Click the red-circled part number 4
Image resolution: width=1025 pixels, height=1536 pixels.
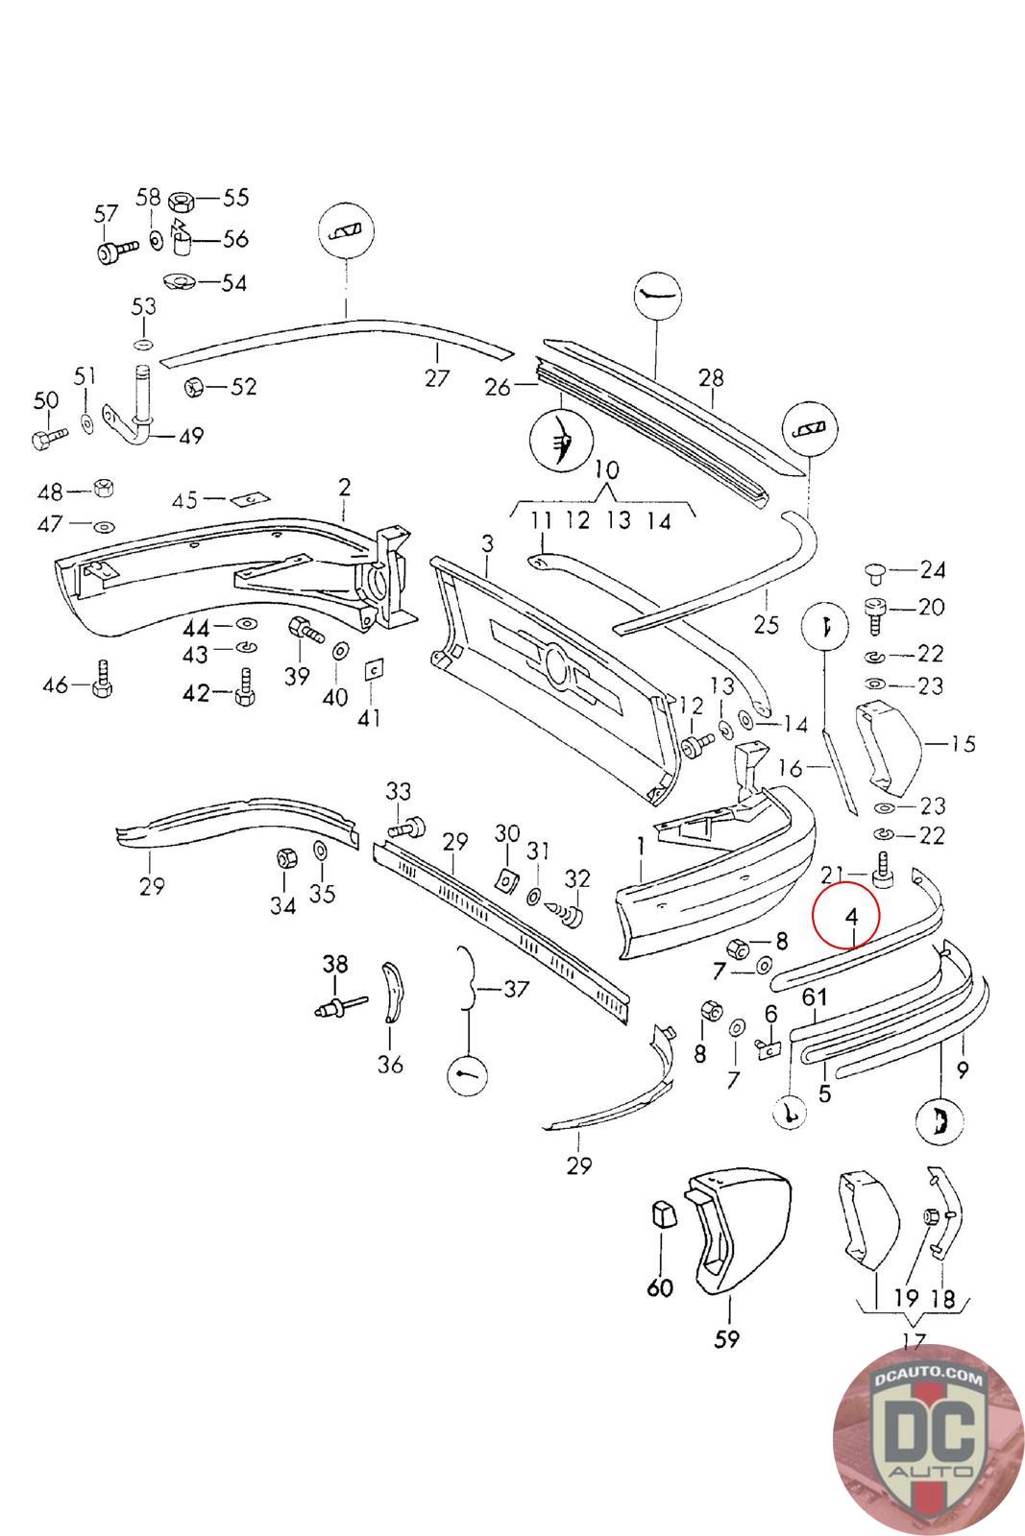(851, 917)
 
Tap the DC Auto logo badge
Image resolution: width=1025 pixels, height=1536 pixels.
(927, 1441)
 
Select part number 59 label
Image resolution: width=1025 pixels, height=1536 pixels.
(728, 1337)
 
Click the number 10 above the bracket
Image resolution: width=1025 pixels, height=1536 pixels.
(607, 471)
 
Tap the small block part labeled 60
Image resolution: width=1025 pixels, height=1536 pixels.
(662, 1214)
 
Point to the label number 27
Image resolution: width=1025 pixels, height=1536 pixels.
(437, 378)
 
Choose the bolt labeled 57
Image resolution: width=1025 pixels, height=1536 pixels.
(110, 252)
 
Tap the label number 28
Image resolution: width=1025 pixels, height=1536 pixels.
(711, 377)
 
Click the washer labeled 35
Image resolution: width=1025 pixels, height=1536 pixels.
(321, 852)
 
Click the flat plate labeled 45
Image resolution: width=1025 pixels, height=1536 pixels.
(250, 499)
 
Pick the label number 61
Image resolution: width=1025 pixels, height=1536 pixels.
(815, 998)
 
